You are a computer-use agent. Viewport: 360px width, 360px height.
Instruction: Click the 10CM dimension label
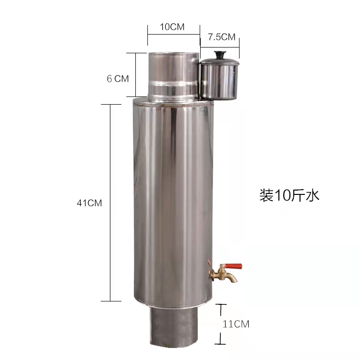coord(172,27)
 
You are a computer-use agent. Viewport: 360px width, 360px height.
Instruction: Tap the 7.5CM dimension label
coord(221,37)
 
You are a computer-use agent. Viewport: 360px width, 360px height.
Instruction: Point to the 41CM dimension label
coord(89,203)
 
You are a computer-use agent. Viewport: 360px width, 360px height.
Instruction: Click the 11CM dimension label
coord(236,324)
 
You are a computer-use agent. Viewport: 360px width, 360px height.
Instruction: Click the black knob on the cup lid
coord(220,54)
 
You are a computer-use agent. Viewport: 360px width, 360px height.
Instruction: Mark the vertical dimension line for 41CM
coord(111,203)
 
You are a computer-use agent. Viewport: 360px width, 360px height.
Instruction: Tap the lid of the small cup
coord(220,60)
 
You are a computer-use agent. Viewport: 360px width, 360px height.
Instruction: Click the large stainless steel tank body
coord(170,202)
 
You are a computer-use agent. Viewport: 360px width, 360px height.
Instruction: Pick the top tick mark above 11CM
coord(220,304)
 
